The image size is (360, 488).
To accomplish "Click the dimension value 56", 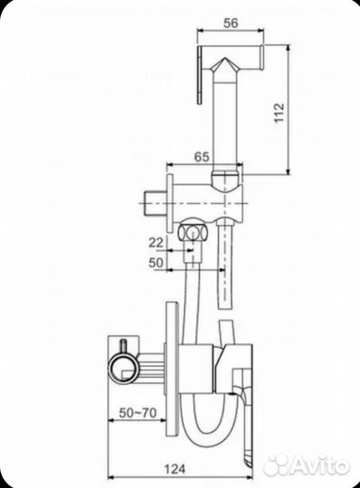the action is tap(231, 23).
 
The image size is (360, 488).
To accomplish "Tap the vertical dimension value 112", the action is tap(279, 113).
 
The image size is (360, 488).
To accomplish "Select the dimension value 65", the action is tap(202, 156).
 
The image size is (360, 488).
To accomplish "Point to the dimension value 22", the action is tap(156, 242).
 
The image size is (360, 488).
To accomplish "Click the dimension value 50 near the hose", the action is tap(156, 262).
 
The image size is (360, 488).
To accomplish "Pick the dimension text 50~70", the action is tap(137, 413).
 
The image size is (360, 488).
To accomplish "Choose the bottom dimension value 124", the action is tap(175, 469).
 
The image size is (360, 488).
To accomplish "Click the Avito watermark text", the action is tap(320, 466).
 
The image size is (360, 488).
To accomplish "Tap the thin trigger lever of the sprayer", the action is tap(200, 75).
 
